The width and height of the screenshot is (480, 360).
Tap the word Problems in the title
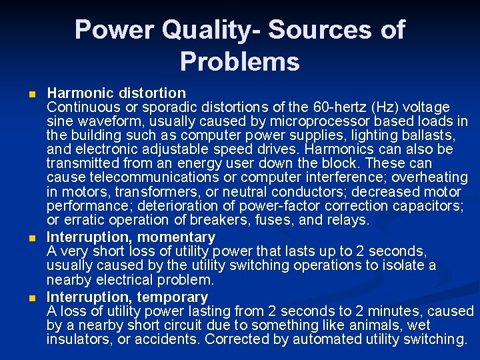click(x=240, y=62)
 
